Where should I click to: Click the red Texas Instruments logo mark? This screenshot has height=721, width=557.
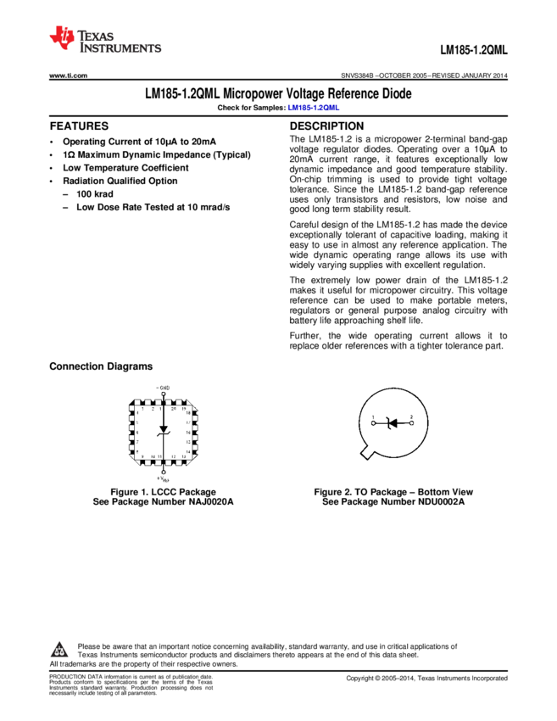tap(62, 37)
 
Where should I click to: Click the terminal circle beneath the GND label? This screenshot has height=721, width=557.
tap(164, 394)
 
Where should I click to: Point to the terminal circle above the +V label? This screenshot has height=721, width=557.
tap(164, 472)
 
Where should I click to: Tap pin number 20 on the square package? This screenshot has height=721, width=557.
tap(174, 409)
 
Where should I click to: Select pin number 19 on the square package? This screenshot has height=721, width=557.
tap(185, 409)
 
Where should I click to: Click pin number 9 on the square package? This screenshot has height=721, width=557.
tap(143, 457)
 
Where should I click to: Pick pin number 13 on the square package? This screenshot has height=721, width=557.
tap(184, 457)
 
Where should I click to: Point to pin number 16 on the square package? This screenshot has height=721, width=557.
tap(188, 433)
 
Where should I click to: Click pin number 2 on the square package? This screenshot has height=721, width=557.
tap(153, 409)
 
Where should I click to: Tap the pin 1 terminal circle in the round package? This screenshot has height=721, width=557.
tap(374, 422)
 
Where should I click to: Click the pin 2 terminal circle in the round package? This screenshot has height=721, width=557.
tap(411, 422)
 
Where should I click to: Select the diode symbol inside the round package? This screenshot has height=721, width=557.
tap(392, 422)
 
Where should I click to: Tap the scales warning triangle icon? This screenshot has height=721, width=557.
tap(58, 651)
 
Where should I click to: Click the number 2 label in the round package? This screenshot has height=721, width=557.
tap(411, 416)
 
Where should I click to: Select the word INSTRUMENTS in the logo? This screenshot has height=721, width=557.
tap(120, 50)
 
